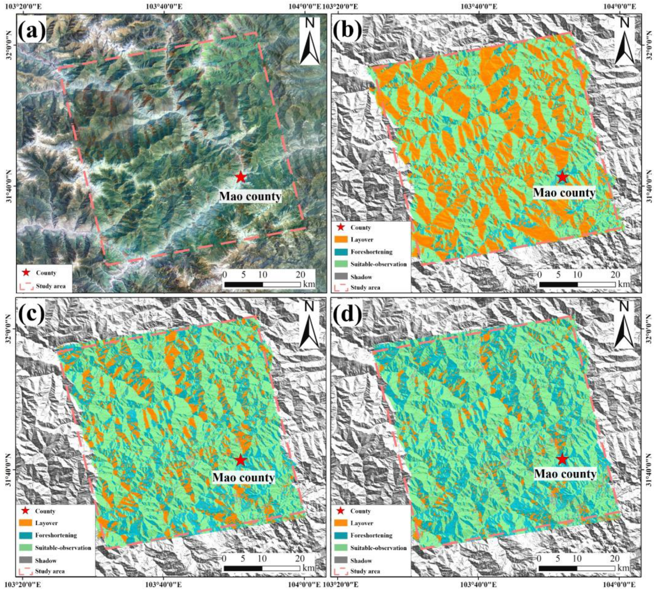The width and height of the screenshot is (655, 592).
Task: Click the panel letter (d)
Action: point(348,315)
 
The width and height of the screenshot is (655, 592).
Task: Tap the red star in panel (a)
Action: point(241,178)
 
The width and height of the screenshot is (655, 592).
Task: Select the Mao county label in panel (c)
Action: point(243,477)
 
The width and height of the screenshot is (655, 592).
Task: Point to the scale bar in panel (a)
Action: point(262,284)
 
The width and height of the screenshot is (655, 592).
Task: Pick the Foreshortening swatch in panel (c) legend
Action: point(26,535)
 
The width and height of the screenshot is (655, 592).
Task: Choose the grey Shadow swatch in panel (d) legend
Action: point(341,560)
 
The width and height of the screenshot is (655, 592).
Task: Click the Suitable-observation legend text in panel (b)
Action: point(378,264)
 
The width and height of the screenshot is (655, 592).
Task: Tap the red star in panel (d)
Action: point(562,459)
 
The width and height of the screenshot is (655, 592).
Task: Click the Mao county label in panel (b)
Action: point(564,192)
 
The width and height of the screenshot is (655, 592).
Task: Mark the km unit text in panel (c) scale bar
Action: point(308,568)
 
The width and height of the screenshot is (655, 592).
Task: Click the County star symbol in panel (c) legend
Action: point(26,511)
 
